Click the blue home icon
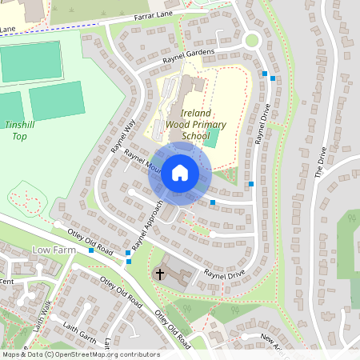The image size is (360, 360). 180,172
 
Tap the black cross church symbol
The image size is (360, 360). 159,274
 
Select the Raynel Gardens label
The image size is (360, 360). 190,58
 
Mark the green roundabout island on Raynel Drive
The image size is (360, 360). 252,40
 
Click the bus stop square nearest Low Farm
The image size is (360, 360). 91,250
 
